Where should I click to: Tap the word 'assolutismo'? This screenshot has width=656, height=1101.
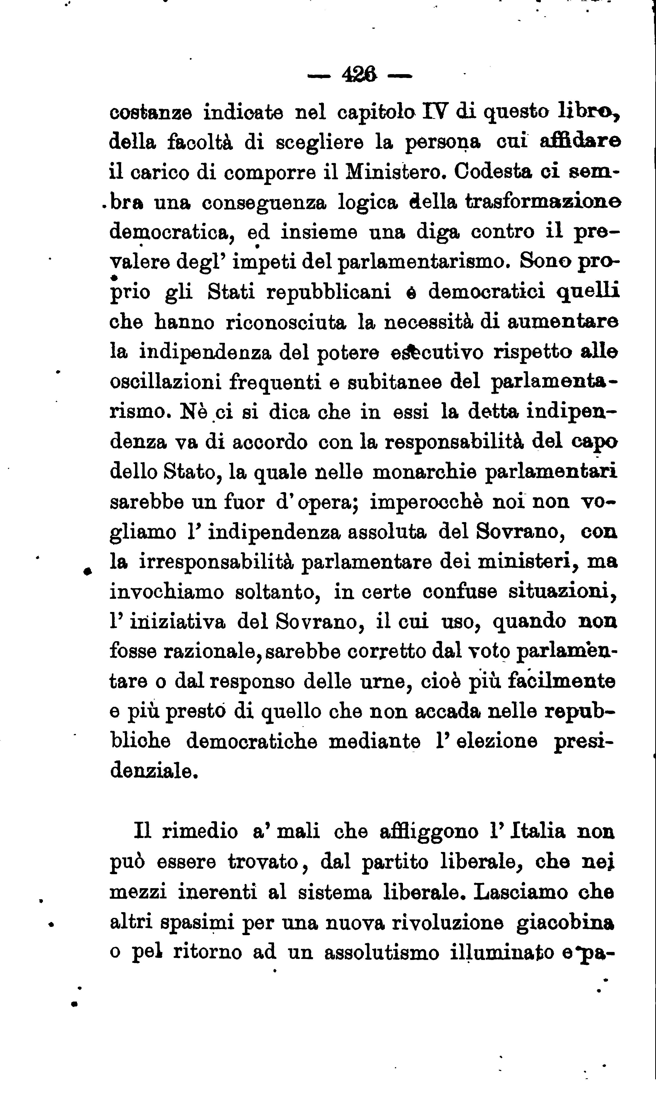[x=381, y=952]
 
